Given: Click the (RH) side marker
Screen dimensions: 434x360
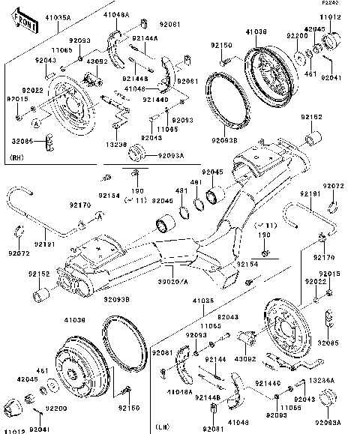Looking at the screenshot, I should coord(18,158).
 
